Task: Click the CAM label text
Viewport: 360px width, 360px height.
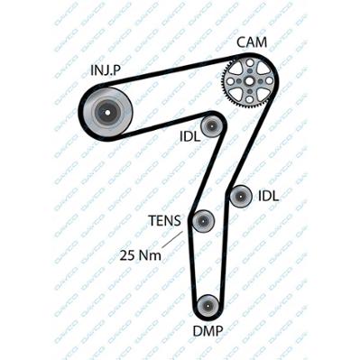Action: tap(252, 42)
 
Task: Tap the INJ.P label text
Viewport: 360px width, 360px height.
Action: tap(106, 70)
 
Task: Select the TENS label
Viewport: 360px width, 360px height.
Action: tap(165, 221)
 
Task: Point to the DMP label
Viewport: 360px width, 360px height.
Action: tap(208, 331)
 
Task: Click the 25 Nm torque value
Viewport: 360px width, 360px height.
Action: tap(140, 255)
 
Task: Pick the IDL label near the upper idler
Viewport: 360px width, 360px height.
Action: tap(189, 137)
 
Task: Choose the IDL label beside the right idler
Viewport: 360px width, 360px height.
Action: tap(269, 196)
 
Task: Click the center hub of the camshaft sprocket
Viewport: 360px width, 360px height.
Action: tap(249, 81)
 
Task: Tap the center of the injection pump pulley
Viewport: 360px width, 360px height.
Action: tap(107, 113)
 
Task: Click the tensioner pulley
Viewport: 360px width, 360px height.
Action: tap(203, 221)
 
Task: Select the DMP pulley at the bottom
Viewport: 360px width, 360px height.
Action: tap(208, 306)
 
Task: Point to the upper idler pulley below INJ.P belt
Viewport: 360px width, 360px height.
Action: tap(212, 125)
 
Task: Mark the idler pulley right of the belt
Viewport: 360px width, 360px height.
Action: tap(241, 197)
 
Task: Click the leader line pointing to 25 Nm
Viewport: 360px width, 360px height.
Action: tap(172, 240)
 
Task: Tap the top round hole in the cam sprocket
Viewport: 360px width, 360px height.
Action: tap(249, 63)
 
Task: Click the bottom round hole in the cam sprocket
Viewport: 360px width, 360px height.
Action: tap(249, 99)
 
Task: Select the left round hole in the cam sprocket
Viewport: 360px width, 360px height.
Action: tap(230, 81)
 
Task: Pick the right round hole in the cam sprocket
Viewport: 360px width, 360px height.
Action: tap(269, 81)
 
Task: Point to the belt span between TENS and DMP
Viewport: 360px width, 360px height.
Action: tap(192, 264)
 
